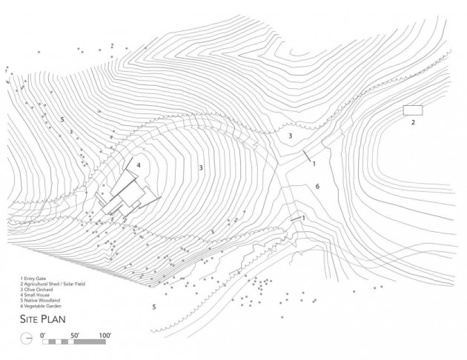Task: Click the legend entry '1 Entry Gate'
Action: [33, 279]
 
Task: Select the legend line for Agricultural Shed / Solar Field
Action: [53, 284]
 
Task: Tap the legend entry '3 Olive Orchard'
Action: [36, 290]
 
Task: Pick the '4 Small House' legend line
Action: [35, 295]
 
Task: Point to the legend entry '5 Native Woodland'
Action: [40, 300]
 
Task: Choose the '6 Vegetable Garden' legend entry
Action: [41, 306]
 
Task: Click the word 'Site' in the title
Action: [29, 319]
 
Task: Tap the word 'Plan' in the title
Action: [53, 319]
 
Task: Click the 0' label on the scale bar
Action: [43, 336]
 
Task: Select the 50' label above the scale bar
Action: [75, 336]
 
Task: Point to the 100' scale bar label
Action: [105, 336]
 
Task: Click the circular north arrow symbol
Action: [26, 339]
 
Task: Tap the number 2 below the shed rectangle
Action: [413, 122]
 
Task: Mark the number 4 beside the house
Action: [139, 165]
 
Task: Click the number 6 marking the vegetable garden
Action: [317, 187]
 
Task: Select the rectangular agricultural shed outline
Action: [413, 110]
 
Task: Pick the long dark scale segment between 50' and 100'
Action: [90, 341]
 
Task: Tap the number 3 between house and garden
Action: [201, 168]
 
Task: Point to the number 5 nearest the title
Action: [154, 307]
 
